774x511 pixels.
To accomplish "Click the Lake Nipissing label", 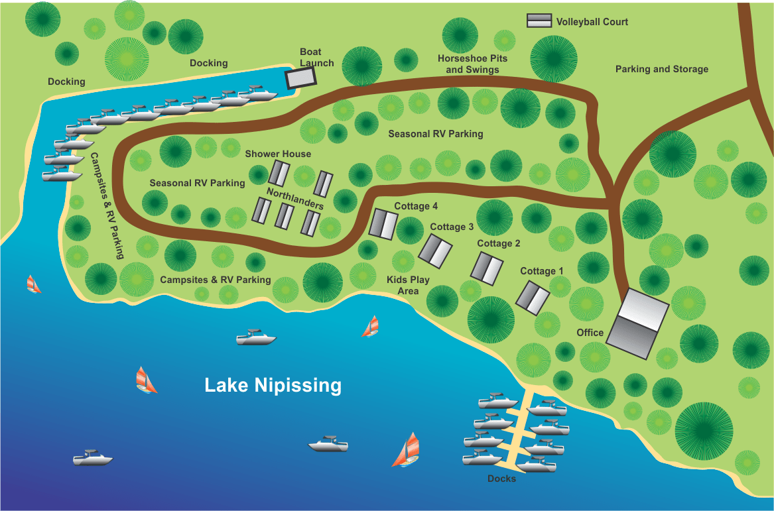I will [x=273, y=385].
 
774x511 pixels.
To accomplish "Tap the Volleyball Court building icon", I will [x=539, y=21].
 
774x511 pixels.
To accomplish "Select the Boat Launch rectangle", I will [x=301, y=78].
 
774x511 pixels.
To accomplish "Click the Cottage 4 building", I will [x=383, y=223].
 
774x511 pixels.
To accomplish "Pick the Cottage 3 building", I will [x=435, y=251].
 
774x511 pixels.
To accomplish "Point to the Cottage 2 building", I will [x=487, y=268].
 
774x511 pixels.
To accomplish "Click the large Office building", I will [x=637, y=324].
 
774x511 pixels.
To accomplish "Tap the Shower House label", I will [x=278, y=154].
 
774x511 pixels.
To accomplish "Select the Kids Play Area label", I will [x=408, y=285].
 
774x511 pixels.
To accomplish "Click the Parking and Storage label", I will [x=661, y=69].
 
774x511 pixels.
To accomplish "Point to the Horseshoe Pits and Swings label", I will [x=472, y=64].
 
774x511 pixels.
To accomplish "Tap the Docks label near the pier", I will [x=501, y=479].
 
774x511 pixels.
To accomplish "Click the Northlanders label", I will [x=295, y=198].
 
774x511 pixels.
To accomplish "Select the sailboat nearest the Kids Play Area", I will [x=371, y=326].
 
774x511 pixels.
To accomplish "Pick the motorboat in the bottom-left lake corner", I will [x=92, y=457].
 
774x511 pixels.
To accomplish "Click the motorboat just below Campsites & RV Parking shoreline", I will [x=256, y=337].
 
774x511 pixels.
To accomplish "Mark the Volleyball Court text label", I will [x=592, y=21].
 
